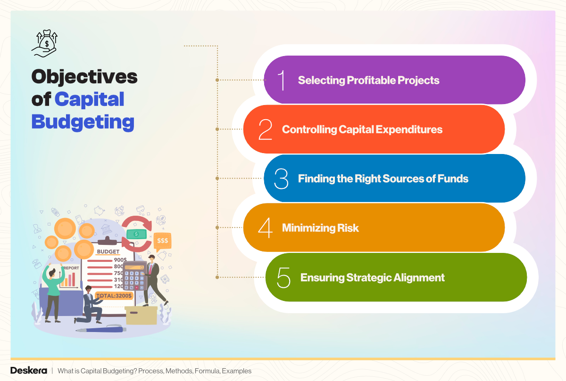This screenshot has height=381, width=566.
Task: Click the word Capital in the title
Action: [89, 99]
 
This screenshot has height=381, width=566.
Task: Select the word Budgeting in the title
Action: [83, 122]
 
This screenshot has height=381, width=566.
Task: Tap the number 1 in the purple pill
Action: [282, 80]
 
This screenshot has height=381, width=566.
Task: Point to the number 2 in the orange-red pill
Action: [266, 130]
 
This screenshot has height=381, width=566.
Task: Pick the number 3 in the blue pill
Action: [281, 179]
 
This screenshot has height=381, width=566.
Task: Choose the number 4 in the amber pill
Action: [266, 228]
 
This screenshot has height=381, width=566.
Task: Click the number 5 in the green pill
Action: [283, 277]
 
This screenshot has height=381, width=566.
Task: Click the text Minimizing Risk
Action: [320, 228]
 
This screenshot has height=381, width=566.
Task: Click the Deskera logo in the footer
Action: [28, 371]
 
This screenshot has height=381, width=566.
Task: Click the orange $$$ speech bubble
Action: [163, 241]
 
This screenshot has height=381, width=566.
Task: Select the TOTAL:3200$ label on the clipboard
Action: [114, 296]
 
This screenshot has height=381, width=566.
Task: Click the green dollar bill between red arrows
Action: [136, 234]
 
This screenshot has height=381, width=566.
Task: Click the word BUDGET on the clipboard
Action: [108, 251]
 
